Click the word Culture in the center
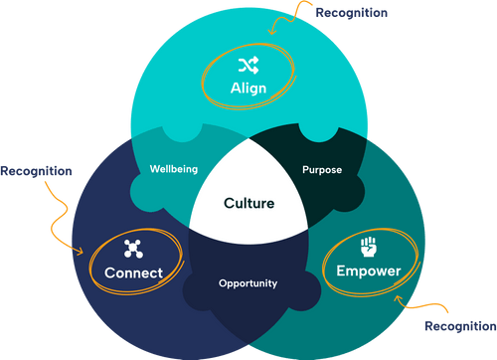248,203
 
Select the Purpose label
321,169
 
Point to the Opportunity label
248,283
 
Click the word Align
248,89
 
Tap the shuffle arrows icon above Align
248,66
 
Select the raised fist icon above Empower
368,244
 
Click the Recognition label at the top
351,13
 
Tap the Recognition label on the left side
36,171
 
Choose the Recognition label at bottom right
459,326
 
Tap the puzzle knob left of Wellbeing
138,186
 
